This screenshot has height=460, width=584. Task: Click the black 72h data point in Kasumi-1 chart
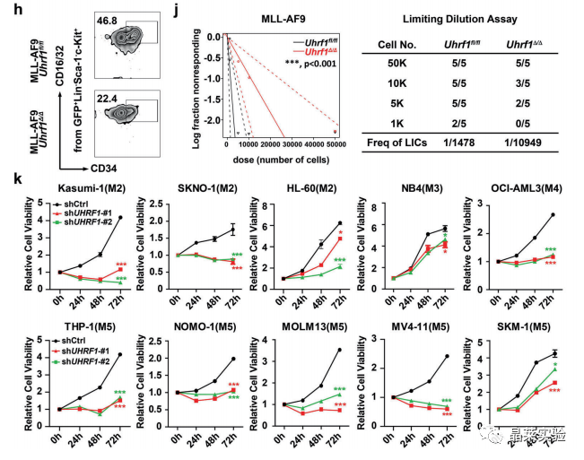tap(120, 217)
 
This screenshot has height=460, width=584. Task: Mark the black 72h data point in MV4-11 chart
tap(446, 356)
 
